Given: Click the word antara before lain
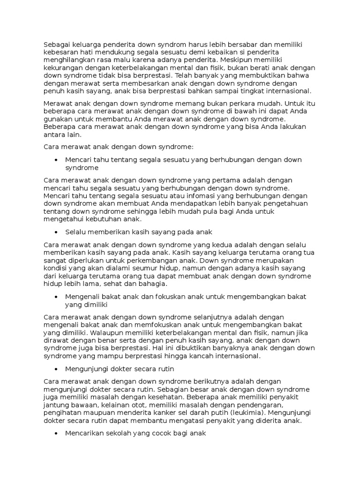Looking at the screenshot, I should (x=53, y=134).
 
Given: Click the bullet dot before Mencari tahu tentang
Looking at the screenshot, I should (x=56, y=160).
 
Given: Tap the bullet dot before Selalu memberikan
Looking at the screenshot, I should (x=56, y=232).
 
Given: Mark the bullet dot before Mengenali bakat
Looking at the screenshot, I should (x=56, y=297).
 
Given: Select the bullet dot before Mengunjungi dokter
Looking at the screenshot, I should (x=56, y=369).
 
